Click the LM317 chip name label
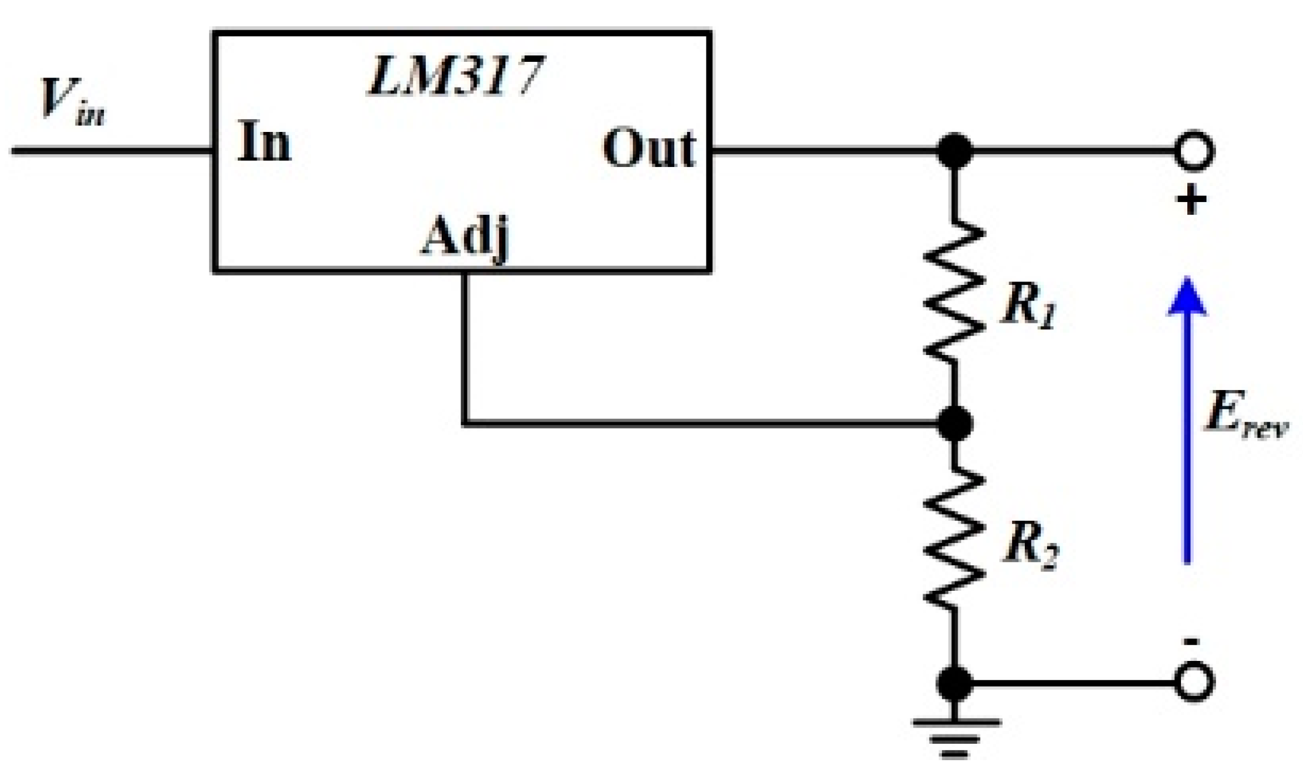[456, 76]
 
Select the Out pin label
[649, 149]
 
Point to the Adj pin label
[465, 238]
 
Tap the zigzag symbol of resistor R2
[954, 540]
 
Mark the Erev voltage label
[1245, 416]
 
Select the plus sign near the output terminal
[1191, 201]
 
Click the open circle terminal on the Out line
[1194, 151]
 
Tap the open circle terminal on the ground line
[1194, 682]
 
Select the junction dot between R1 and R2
[954, 423]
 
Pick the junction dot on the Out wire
[954, 151]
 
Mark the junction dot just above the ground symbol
[954, 683]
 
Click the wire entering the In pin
[111, 151]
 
